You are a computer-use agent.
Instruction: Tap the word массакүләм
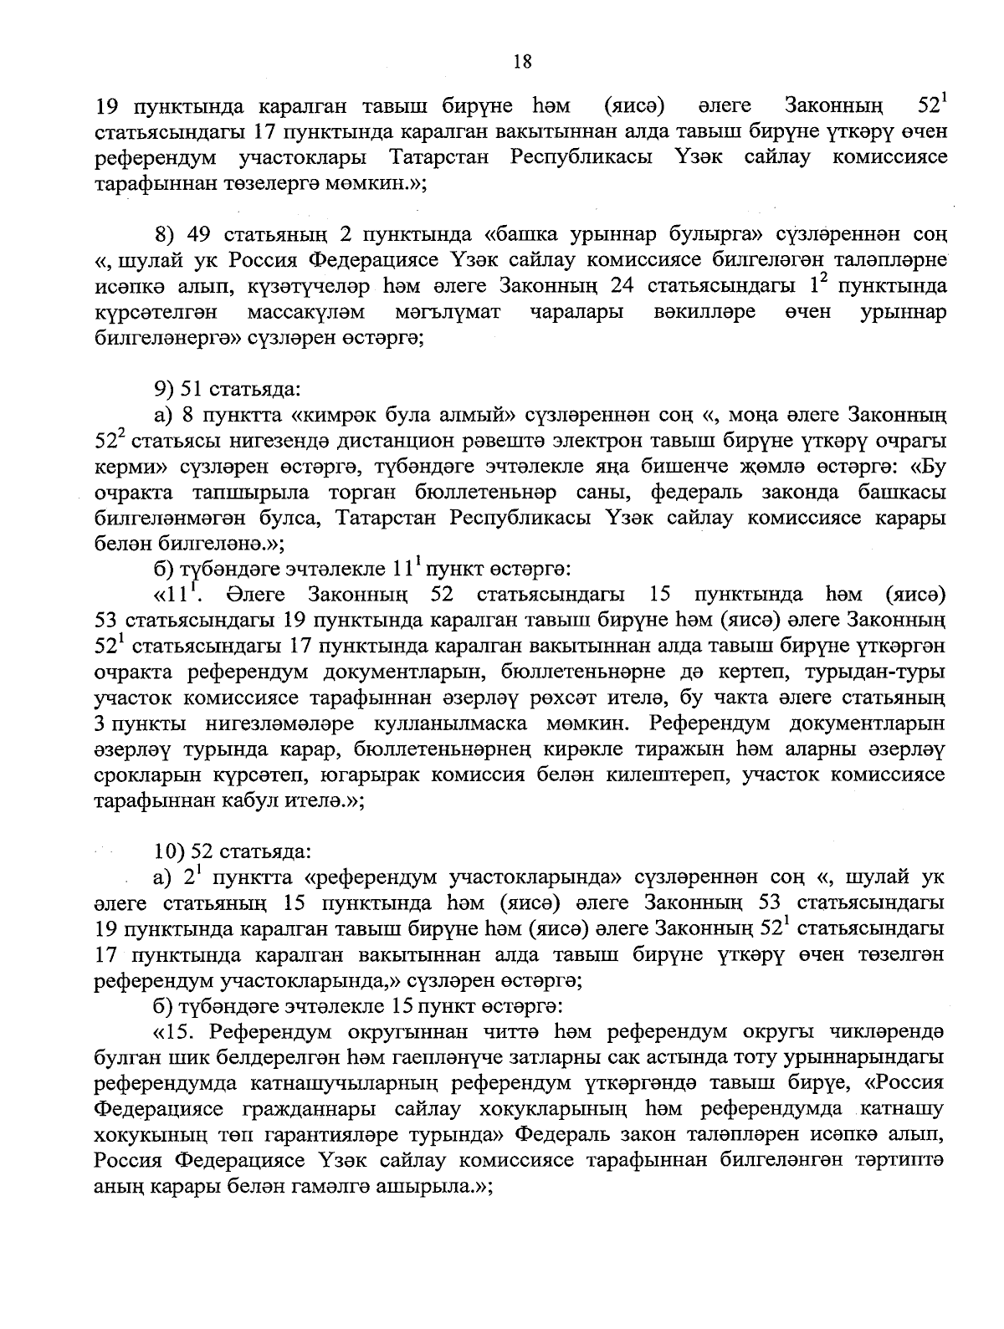[307, 312]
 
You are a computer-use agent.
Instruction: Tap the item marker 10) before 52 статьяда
[170, 852]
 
